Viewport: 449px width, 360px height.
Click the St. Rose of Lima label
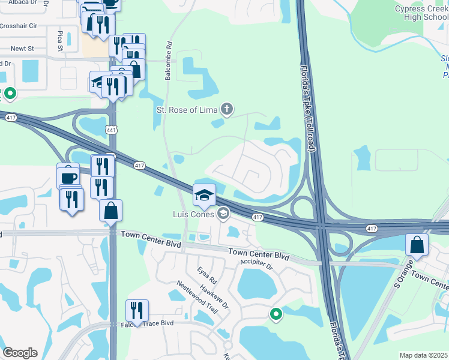(x=186, y=110)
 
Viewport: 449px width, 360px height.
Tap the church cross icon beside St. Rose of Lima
(x=226, y=109)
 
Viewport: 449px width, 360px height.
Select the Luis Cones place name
(x=193, y=214)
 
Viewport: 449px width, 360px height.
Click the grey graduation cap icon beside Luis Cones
(x=223, y=213)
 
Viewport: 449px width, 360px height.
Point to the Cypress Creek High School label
(x=421, y=13)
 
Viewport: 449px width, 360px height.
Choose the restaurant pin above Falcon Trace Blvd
(x=137, y=311)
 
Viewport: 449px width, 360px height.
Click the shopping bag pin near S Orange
(x=417, y=245)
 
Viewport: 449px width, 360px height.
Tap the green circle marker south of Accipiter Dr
(x=276, y=314)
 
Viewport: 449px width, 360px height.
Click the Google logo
(x=20, y=353)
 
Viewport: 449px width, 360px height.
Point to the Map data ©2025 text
(x=423, y=355)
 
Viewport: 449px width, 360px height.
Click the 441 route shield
(x=111, y=130)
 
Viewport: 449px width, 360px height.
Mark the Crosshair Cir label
(x=19, y=26)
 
